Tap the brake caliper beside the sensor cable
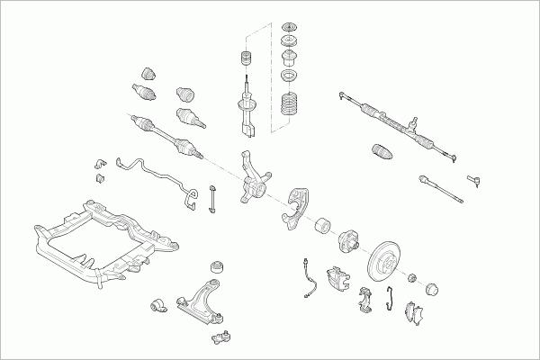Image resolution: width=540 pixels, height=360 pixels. tap(339, 279)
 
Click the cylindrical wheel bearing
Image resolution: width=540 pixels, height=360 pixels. tap(321, 227)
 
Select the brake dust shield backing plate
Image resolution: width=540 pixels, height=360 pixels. tap(296, 207)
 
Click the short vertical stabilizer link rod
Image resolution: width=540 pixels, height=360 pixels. tap(211, 199)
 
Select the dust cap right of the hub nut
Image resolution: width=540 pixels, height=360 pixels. tap(430, 290)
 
